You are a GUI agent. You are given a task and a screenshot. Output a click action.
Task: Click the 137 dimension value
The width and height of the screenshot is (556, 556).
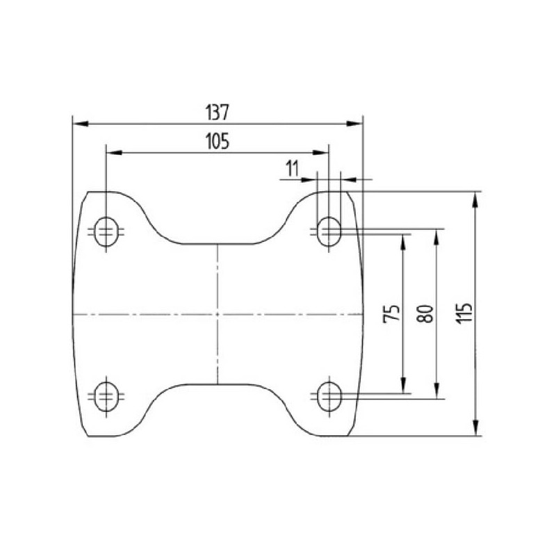click(217, 113)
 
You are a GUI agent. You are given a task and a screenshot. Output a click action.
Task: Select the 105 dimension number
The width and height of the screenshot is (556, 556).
click(218, 141)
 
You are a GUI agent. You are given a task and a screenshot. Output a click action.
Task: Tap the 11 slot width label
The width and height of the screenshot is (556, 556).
click(292, 169)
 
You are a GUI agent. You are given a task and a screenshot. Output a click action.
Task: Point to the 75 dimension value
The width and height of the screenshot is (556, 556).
click(392, 313)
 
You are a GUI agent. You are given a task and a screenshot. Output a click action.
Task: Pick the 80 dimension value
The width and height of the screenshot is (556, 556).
click(426, 314)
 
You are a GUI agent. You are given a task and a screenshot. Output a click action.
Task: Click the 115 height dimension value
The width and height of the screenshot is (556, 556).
click(464, 313)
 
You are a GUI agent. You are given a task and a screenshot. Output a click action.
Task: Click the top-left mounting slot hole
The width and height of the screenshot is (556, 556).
click(106, 231)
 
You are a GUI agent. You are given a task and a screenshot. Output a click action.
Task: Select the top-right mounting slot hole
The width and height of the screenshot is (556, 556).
click(329, 231)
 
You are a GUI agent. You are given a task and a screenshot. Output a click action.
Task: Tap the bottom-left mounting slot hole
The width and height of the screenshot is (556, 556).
click(106, 396)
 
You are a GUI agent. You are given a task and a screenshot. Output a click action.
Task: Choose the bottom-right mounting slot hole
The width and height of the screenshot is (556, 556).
click(329, 396)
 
